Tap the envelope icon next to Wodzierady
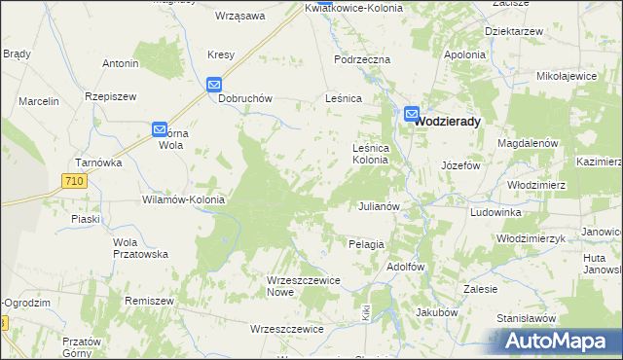(x=412, y=114)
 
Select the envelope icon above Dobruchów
(x=215, y=86)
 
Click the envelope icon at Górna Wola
(x=160, y=128)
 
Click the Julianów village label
(x=380, y=207)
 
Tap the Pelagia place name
(x=366, y=244)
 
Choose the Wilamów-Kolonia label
(x=184, y=199)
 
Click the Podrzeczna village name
(x=361, y=59)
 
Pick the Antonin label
(x=121, y=64)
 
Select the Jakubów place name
(x=436, y=312)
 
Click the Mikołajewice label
(x=567, y=75)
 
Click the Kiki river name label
(x=366, y=314)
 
